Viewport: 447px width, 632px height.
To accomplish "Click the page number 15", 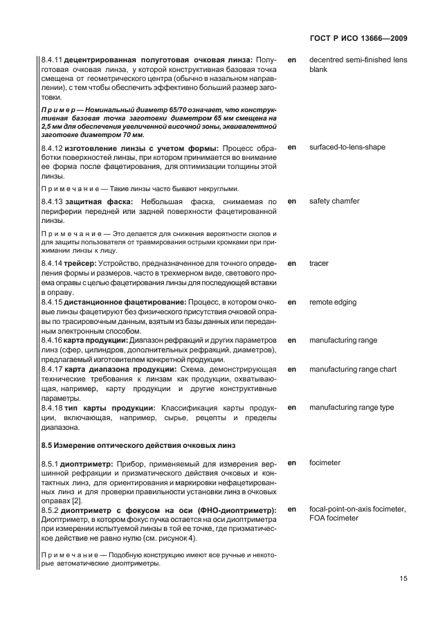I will (x=403, y=581).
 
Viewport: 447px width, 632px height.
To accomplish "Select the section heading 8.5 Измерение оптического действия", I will (x=138, y=444).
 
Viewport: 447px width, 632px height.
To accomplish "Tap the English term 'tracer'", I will (x=319, y=264).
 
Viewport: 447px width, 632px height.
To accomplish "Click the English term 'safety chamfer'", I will (x=334, y=201).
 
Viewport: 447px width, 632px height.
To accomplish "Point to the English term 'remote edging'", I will (x=333, y=303).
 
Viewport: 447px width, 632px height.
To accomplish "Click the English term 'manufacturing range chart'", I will (x=353, y=369).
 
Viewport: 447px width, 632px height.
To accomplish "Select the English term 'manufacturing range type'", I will (x=352, y=408).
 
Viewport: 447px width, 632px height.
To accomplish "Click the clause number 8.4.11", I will (x=53, y=60).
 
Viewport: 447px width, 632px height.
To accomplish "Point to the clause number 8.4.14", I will (x=53, y=264).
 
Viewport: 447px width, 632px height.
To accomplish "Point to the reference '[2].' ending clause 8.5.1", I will (x=78, y=500).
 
